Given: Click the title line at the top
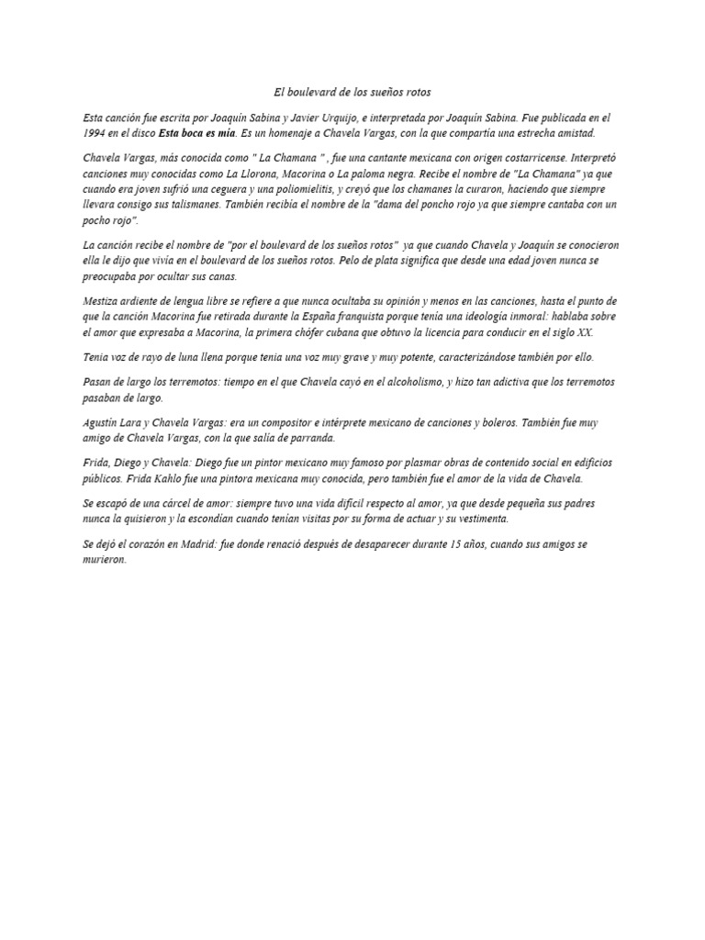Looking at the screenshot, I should pyautogui.click(x=352, y=93).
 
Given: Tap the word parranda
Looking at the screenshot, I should pyautogui.click(x=311, y=438).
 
